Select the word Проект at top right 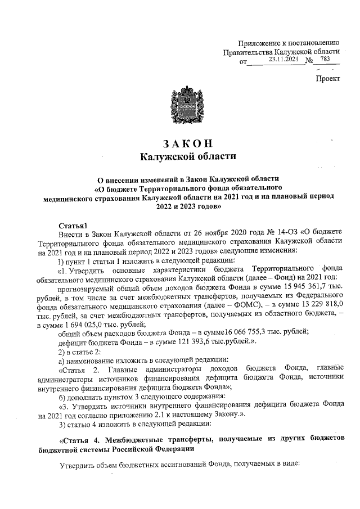tap(327, 79)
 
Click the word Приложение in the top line tap(259, 42)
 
